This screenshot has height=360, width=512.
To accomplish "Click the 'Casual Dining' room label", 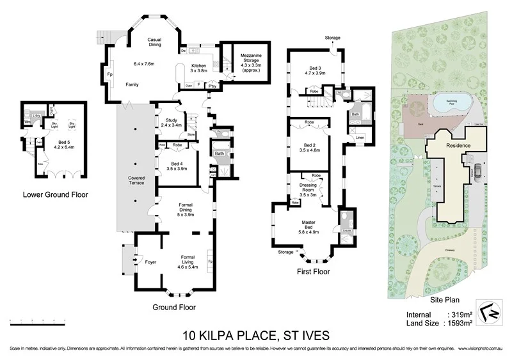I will click(154, 42).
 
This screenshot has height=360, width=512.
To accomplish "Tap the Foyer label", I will click(151, 261).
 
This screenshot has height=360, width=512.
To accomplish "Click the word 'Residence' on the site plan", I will click(458, 146).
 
